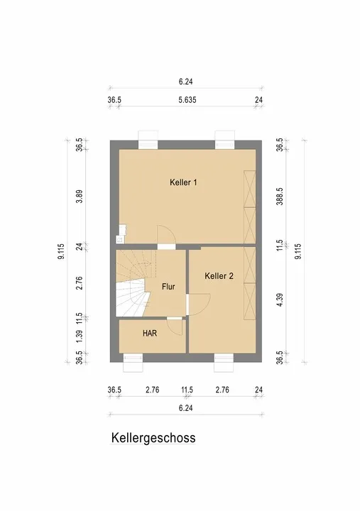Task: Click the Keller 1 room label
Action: pos(183,182)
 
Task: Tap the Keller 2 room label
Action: pos(219,276)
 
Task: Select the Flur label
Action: pos(168,287)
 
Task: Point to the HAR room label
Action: pos(150,334)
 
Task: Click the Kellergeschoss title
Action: pos(153,438)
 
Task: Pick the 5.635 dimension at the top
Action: pos(187,100)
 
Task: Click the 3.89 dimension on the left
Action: pos(80,197)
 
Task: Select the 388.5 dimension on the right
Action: pos(280,197)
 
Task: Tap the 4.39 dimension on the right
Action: pos(280,300)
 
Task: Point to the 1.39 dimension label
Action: pos(80,336)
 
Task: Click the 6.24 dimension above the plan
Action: pos(185,82)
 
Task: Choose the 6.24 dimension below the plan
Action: pos(185,408)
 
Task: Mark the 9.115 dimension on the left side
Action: pos(61,251)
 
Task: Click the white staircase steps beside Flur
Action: pos(131,297)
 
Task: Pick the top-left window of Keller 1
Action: pos(148,140)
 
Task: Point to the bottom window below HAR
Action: pos(133,363)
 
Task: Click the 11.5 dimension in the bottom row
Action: pos(187,390)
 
